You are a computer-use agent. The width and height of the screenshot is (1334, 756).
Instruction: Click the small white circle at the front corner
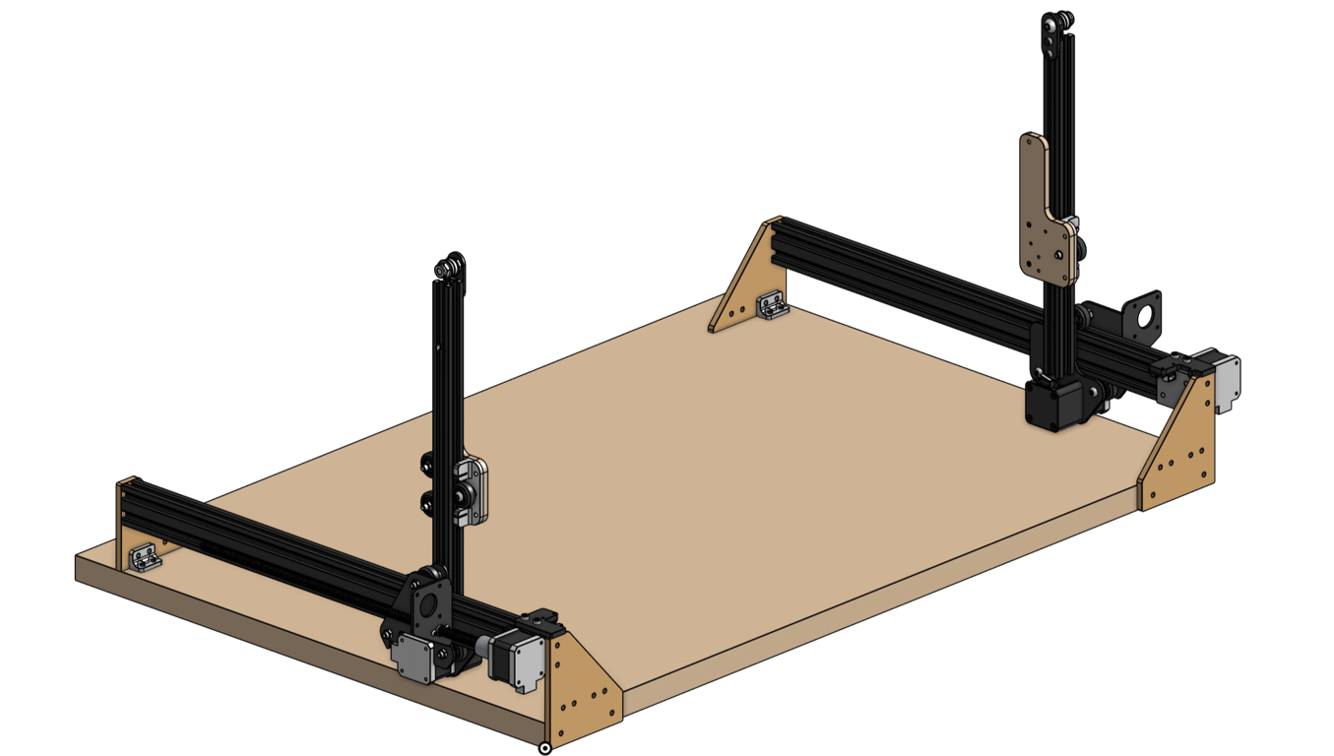pyautogui.click(x=544, y=748)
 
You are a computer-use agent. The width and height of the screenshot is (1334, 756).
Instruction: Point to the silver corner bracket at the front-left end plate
pyautogui.click(x=145, y=558)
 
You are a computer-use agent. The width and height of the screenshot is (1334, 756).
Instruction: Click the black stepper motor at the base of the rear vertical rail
pyautogui.click(x=1053, y=402)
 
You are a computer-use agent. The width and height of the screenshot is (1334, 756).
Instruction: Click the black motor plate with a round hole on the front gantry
pyautogui.click(x=426, y=604)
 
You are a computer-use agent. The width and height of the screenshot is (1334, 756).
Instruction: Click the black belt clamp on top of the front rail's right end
pyautogui.click(x=540, y=618)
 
